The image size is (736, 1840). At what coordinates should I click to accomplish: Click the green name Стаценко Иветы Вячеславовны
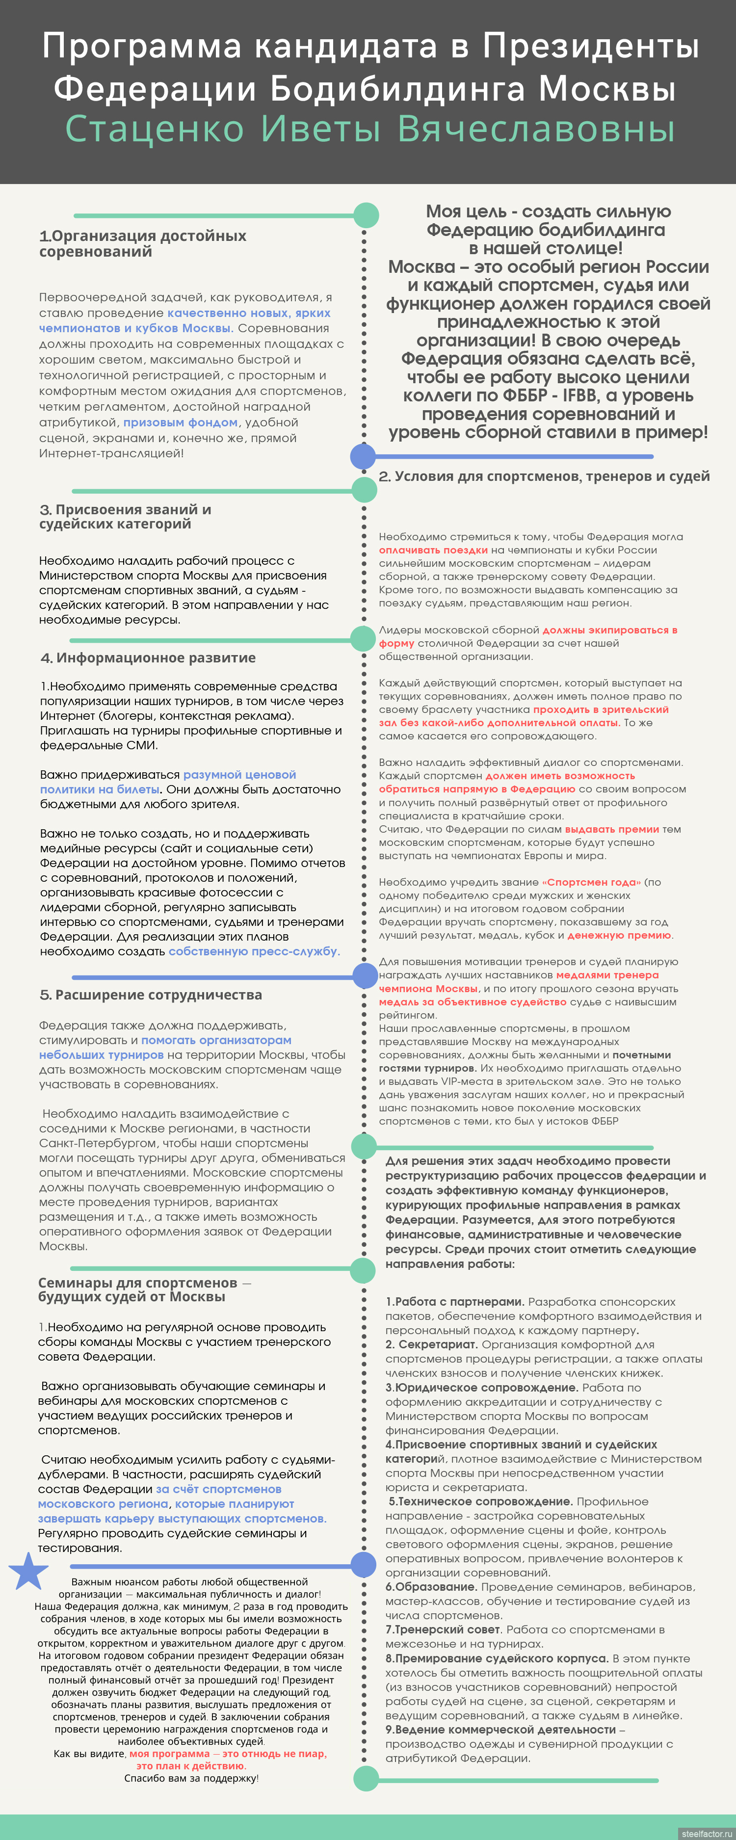(369, 129)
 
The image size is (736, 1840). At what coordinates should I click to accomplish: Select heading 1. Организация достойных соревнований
(142, 243)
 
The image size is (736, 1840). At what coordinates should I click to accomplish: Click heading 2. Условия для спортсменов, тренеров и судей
(544, 476)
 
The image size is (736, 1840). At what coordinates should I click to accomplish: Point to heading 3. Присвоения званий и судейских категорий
(125, 517)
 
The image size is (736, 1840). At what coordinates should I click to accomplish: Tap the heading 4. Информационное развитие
(148, 658)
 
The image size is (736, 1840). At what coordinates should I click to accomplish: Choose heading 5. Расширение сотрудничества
(151, 995)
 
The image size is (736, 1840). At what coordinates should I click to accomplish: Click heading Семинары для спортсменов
(137, 1289)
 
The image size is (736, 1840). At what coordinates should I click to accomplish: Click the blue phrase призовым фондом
(180, 422)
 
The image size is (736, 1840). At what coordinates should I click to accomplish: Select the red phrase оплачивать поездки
(433, 550)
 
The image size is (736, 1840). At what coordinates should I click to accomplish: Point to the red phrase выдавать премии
(612, 829)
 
